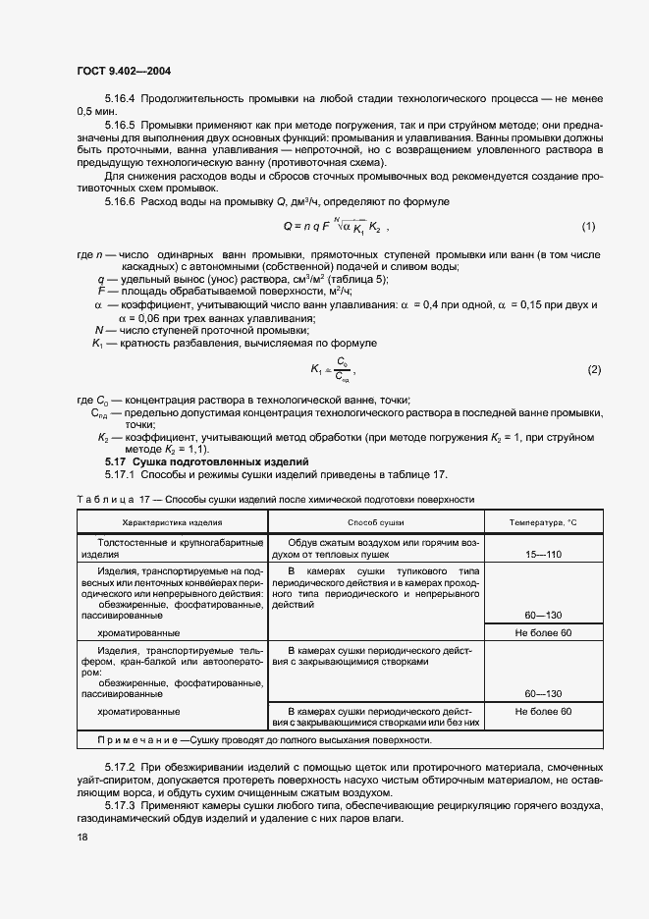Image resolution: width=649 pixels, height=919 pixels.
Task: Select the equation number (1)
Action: (x=588, y=227)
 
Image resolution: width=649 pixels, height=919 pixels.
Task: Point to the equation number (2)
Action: (x=593, y=369)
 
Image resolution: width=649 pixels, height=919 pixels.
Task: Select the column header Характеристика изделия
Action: (x=172, y=523)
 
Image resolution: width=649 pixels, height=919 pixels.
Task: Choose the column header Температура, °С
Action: (x=543, y=523)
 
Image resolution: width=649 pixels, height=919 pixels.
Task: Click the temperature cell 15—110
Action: (x=543, y=555)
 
